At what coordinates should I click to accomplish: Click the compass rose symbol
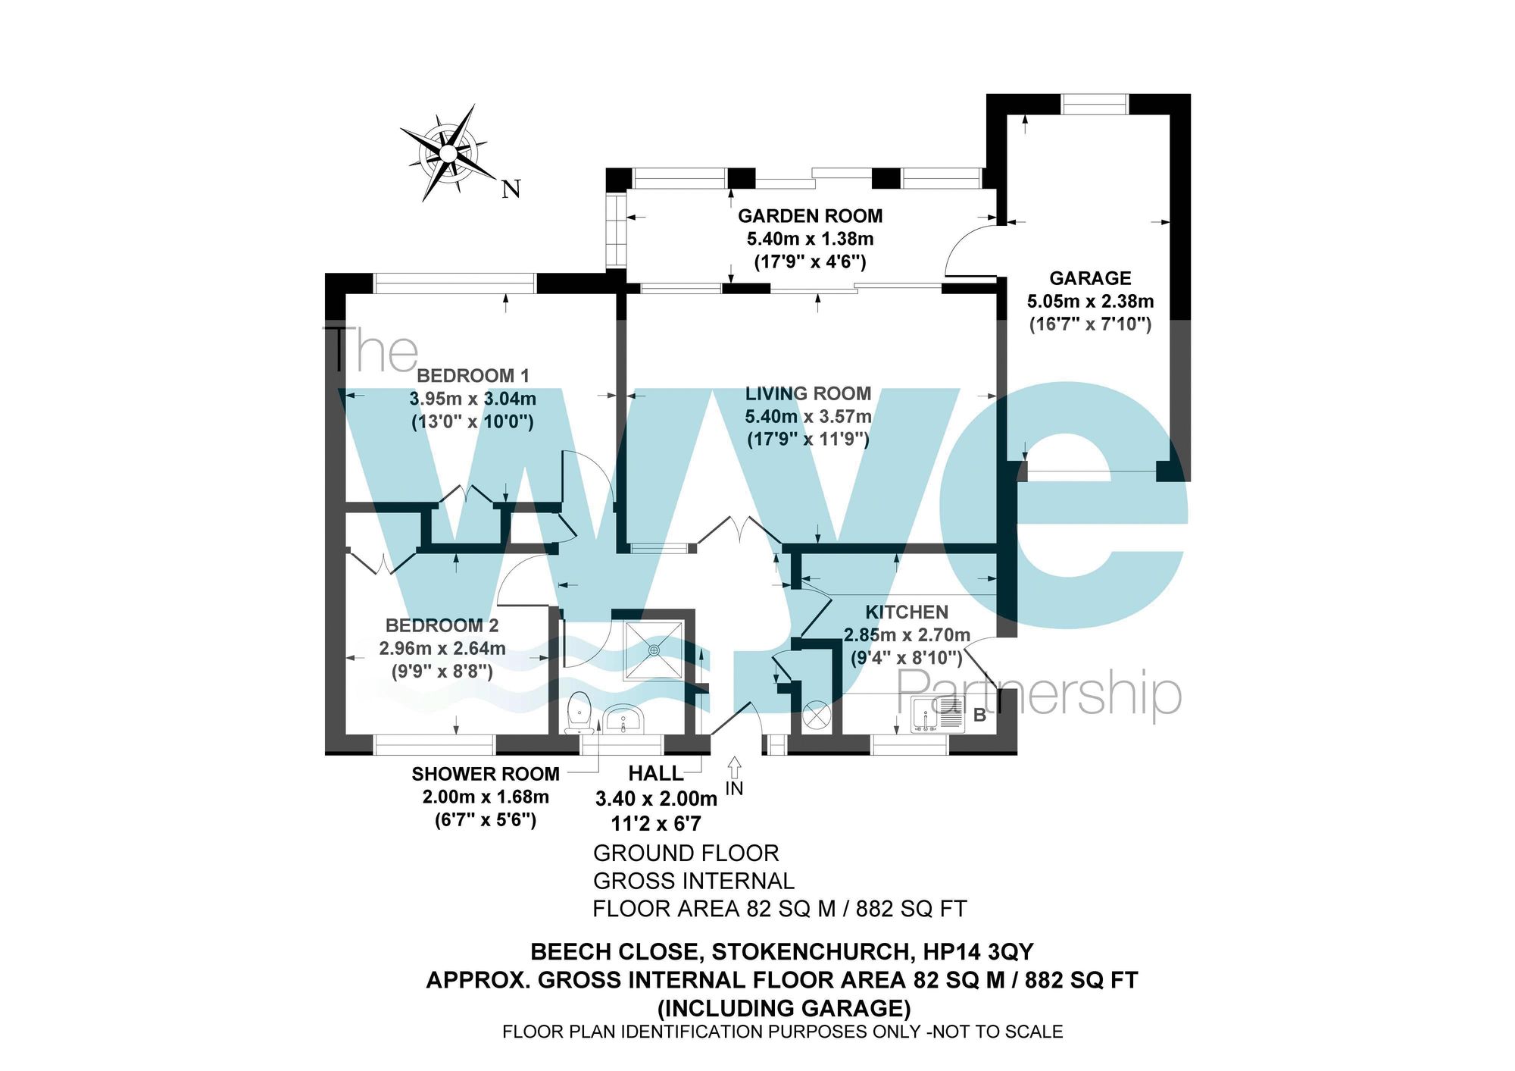pyautogui.click(x=447, y=154)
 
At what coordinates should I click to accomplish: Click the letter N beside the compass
pyautogui.click(x=511, y=189)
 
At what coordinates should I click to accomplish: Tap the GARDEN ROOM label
pyautogui.click(x=810, y=216)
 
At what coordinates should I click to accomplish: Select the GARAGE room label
pyautogui.click(x=1090, y=278)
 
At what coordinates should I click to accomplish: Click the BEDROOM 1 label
pyautogui.click(x=473, y=375)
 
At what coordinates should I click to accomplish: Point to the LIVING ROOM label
pyautogui.click(x=807, y=393)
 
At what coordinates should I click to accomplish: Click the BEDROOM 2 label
pyautogui.click(x=442, y=625)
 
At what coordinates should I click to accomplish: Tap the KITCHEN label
pyautogui.click(x=907, y=612)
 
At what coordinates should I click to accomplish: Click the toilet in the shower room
pyautogui.click(x=579, y=712)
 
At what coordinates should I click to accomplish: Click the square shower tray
pyautogui.click(x=654, y=650)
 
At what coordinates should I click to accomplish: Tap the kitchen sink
pyautogui.click(x=938, y=715)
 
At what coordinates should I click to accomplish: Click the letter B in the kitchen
pyautogui.click(x=979, y=715)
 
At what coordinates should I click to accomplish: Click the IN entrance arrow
pyautogui.click(x=734, y=767)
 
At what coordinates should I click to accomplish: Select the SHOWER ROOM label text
pyautogui.click(x=486, y=774)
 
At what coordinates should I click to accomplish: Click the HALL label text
pyautogui.click(x=656, y=774)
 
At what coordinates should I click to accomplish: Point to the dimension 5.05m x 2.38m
pyautogui.click(x=1090, y=301)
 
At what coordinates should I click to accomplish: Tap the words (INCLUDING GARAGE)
pyautogui.click(x=783, y=1008)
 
